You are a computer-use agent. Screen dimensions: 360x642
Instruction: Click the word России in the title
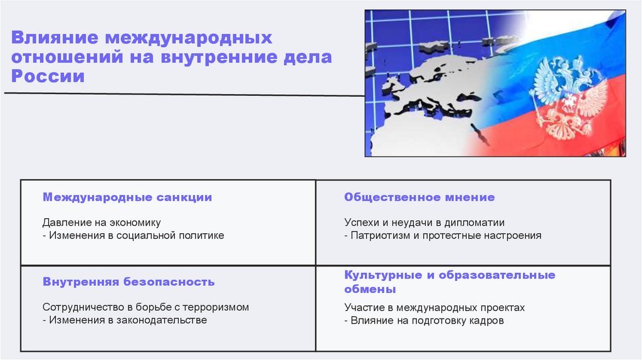click(48, 77)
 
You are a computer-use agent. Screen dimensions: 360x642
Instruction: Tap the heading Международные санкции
click(127, 198)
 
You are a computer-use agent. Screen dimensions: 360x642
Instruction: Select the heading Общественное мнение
click(419, 198)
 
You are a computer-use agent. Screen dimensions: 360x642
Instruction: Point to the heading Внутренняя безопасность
click(129, 282)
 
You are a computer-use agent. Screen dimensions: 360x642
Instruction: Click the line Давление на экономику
click(102, 223)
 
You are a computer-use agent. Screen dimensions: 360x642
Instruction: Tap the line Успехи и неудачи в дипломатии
click(424, 223)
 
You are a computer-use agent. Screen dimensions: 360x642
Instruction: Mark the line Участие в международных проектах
click(434, 307)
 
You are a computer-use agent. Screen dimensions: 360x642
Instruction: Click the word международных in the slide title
click(189, 38)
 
